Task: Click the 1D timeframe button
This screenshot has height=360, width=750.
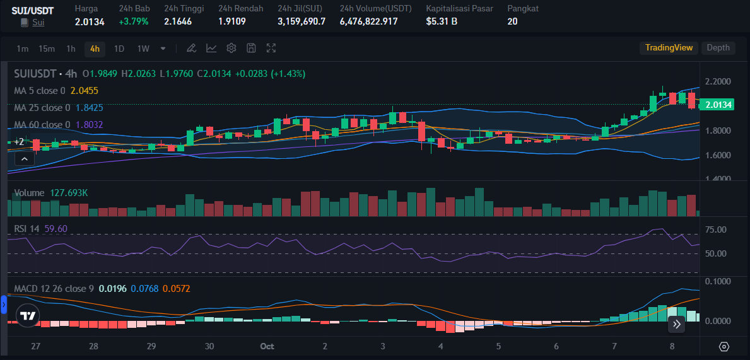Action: [119, 49]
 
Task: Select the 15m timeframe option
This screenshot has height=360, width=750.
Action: [46, 49]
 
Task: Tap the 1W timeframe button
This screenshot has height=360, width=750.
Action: [143, 49]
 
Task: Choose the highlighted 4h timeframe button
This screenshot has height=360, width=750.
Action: [95, 49]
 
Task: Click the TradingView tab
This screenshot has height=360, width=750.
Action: [669, 48]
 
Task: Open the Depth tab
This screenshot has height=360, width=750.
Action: [718, 48]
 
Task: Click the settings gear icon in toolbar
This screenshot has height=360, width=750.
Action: [231, 48]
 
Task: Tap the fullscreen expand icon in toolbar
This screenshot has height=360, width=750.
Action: [271, 48]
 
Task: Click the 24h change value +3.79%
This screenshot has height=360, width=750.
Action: [134, 21]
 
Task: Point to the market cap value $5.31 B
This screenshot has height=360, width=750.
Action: [442, 21]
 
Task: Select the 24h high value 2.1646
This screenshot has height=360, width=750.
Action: [178, 21]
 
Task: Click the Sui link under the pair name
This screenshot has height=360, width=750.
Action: [38, 23]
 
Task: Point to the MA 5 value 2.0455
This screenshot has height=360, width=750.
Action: [85, 91]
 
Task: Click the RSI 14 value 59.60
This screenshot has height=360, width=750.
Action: [56, 228]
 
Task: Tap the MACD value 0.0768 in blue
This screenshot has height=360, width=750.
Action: [143, 289]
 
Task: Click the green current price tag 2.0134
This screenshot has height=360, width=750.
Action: [718, 105]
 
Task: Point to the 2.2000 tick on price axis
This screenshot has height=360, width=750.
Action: [718, 82]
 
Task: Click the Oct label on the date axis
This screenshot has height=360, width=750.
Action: [267, 346]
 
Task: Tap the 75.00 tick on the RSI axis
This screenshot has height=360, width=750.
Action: [716, 229]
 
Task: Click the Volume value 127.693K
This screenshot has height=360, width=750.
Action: [69, 193]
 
